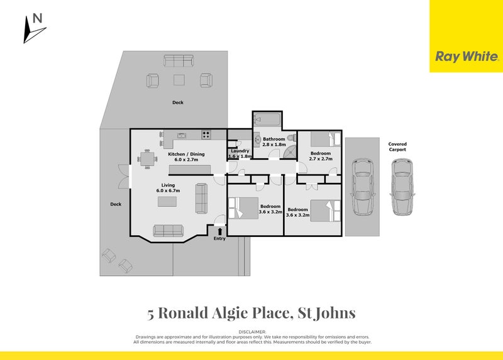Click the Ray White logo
pos(467,57)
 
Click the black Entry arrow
pos(219,231)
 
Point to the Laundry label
pos(240,151)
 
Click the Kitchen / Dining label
pos(185,156)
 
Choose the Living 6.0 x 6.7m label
pos(169,187)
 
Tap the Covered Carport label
pos(397,146)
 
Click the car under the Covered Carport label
pos(402,187)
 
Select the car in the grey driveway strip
pos(362,186)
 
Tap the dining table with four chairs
pos(148,160)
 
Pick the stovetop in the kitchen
pos(206,134)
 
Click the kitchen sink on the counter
pos(182,134)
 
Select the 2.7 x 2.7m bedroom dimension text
pos(320,159)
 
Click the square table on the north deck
pos(179,80)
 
